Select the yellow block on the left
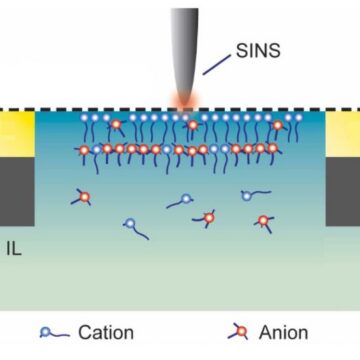16,135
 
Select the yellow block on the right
343,135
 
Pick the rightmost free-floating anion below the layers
263,220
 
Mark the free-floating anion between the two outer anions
208,216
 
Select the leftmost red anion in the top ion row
116,125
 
